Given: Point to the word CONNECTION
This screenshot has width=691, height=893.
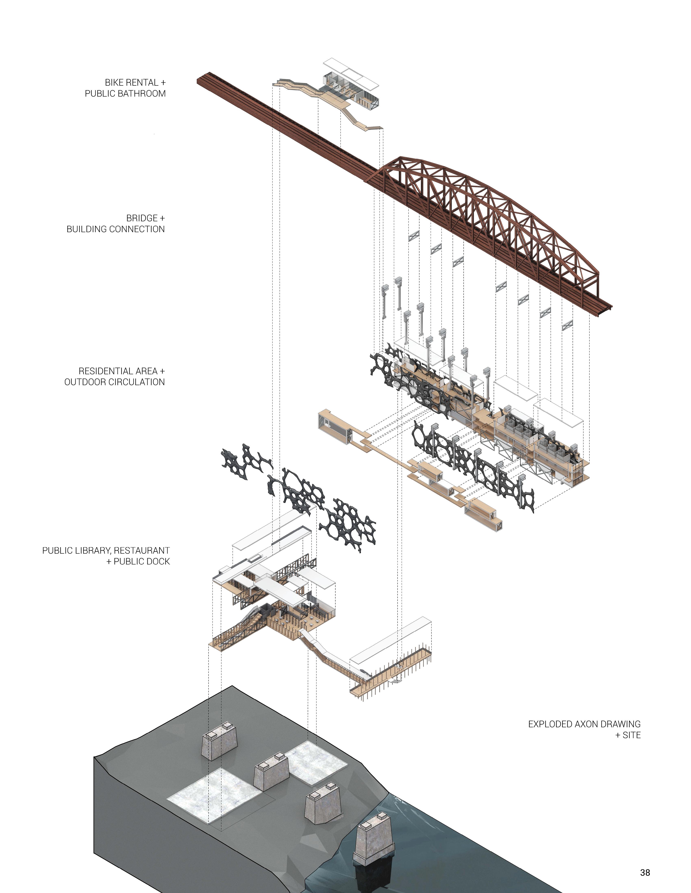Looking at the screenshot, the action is click(138, 229).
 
